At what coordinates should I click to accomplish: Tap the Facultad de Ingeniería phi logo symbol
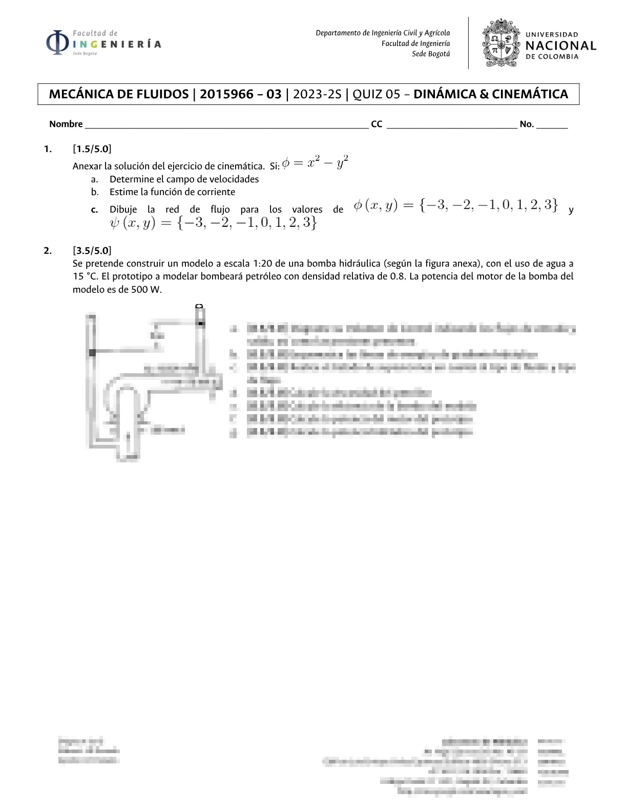57,43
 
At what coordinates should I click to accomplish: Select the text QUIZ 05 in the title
376,94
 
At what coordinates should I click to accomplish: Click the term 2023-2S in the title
317,94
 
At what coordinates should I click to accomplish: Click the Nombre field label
66,124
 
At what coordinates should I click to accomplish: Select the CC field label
377,124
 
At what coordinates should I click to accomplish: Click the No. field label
527,124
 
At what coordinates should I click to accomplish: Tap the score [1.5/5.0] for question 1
92,149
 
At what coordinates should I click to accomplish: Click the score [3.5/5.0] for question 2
92,250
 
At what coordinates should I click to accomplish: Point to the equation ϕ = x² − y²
315,162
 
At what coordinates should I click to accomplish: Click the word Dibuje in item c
123,209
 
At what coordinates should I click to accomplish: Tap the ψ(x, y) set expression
213,223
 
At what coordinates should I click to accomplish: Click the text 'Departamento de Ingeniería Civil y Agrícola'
383,33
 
